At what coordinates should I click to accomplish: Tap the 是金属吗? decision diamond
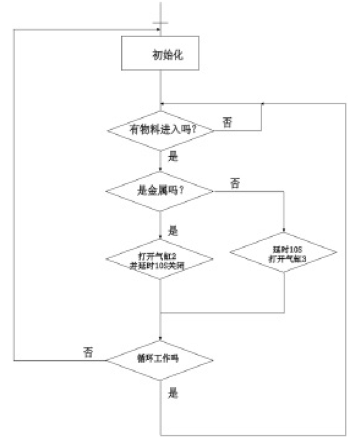pyautogui.click(x=161, y=191)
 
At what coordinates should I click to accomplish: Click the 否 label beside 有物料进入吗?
pyautogui.click(x=226, y=122)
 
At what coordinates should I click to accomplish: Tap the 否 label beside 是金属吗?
pyautogui.click(x=235, y=183)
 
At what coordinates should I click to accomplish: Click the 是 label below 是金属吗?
pyautogui.click(x=173, y=230)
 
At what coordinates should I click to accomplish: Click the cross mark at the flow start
pyautogui.click(x=161, y=24)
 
